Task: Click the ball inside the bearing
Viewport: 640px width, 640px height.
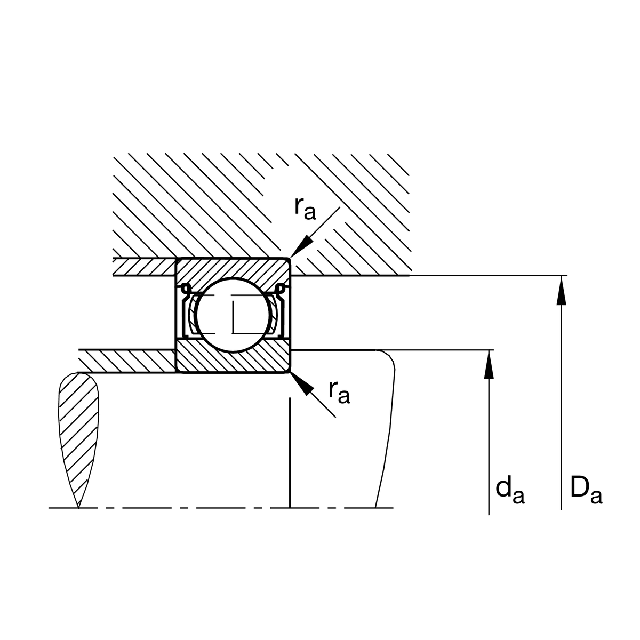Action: (233, 315)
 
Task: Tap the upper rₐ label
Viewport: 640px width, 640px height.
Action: (305, 209)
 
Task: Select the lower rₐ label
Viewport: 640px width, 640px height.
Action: (339, 393)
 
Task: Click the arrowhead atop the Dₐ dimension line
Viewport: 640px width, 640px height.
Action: (561, 290)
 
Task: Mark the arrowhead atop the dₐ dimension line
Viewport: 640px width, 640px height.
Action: (489, 364)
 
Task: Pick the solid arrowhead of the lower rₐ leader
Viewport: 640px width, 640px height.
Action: (301, 383)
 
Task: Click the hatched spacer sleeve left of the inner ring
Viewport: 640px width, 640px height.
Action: (127, 361)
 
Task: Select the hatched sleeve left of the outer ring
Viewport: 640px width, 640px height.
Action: (144, 267)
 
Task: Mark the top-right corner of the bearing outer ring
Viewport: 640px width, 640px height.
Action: (290, 259)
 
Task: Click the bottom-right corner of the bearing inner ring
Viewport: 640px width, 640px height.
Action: (290, 372)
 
